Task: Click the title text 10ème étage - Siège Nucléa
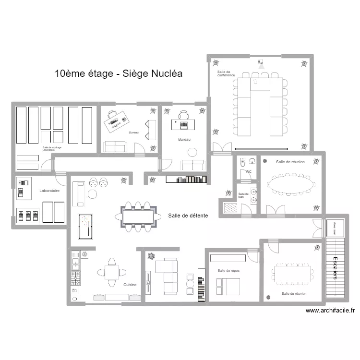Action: coord(119,73)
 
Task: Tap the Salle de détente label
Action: coord(188,216)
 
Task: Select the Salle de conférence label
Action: coord(226,73)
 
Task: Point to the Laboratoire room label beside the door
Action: coord(49,191)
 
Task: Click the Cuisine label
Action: coord(130,285)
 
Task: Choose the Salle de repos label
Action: coord(228,270)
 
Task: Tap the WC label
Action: coord(249,171)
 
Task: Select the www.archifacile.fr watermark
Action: coord(331,311)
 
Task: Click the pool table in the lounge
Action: coord(85,223)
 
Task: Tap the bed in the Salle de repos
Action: coord(228,286)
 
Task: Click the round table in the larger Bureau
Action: coord(192,153)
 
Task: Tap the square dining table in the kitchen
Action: coord(112,273)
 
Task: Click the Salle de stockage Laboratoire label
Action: coord(49,149)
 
